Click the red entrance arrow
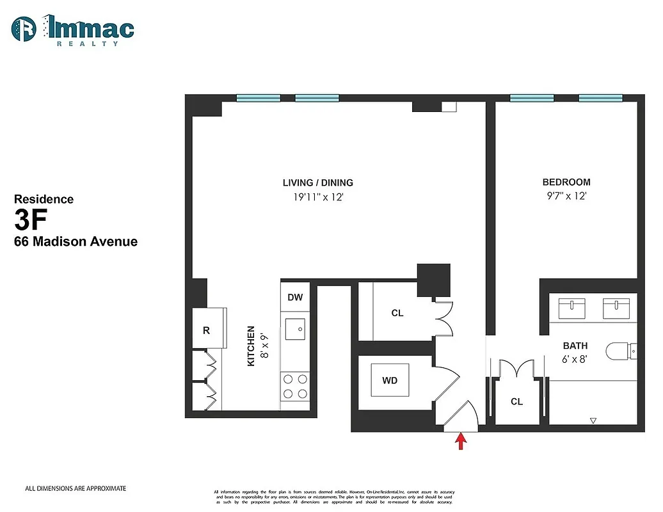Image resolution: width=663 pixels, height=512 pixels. (x=460, y=442)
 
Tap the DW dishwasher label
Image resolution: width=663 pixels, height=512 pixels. (x=295, y=298)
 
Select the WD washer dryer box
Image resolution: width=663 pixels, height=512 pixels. (x=390, y=381)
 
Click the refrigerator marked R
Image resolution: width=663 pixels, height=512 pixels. (x=207, y=330)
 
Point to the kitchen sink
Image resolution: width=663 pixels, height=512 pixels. (x=294, y=328)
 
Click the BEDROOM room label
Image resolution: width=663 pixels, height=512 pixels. (x=566, y=182)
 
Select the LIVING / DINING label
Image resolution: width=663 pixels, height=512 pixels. (x=319, y=182)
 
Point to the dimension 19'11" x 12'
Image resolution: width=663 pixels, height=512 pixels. (x=319, y=198)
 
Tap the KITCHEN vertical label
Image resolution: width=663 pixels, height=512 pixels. (x=252, y=346)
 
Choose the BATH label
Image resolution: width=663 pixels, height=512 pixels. (x=575, y=346)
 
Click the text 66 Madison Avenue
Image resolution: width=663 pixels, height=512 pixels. (x=76, y=242)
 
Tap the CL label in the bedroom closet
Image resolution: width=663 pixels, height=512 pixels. (x=516, y=402)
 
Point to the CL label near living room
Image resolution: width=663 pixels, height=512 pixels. (x=397, y=314)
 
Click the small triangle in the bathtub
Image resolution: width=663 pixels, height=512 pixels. (x=593, y=420)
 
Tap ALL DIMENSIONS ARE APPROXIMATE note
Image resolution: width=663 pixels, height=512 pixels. (x=76, y=488)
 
